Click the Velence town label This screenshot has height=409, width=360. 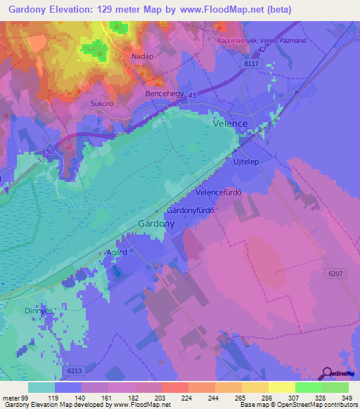pos(230,123)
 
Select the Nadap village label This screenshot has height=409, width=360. pos(143,55)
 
